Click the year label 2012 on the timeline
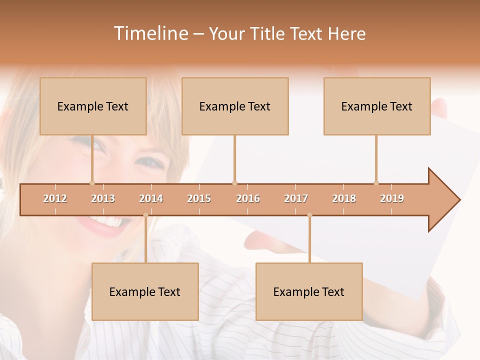pos(55,198)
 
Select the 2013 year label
pos(103,198)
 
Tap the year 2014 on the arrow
pos(151,198)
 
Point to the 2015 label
pos(199,198)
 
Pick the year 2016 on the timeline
pos(248,198)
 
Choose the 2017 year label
pos(296,198)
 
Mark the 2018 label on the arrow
pos(344,198)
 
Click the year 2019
pos(392,198)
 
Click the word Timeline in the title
pos(150,33)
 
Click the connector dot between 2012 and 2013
pos(92,183)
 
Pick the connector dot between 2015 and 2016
pos(234,183)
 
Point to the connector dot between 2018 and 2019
pos(376,183)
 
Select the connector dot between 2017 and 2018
pos(309,215)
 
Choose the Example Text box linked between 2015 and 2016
pos(235,106)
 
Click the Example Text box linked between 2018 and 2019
pos(377,106)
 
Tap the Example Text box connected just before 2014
pos(145,291)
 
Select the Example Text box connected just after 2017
pos(309,291)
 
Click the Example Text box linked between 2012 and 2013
pos(93,106)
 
